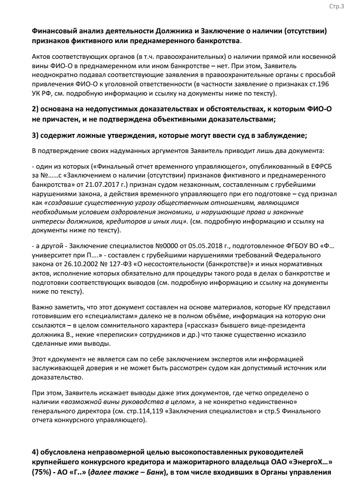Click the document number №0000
coord(154,242)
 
